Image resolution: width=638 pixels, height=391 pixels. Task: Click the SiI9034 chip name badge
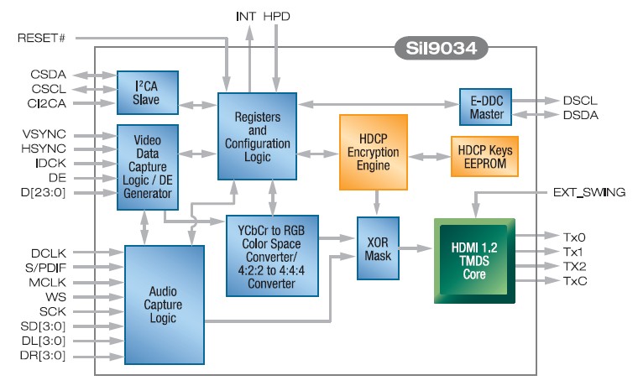(x=442, y=47)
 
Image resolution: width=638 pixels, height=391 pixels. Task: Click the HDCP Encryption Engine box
(x=380, y=151)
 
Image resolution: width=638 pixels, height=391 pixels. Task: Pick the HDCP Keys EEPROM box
(x=484, y=155)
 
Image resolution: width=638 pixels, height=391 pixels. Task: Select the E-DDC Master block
(x=484, y=107)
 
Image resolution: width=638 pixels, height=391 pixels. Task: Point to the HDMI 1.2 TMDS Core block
(x=474, y=259)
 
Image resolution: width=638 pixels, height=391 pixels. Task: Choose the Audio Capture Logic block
(x=165, y=305)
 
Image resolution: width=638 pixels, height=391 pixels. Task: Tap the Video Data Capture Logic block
(x=144, y=167)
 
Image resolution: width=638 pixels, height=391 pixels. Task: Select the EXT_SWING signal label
(x=588, y=192)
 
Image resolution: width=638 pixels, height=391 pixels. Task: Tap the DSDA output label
(x=581, y=115)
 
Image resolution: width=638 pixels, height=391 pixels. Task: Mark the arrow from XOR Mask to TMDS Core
(x=415, y=249)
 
